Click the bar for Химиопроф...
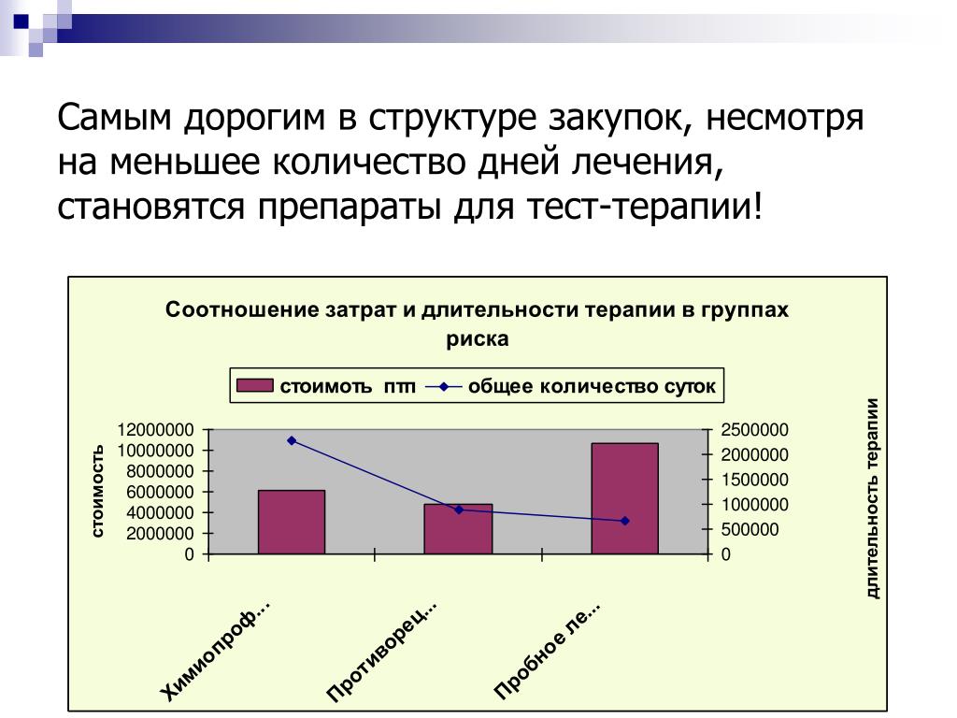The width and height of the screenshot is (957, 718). pos(292,522)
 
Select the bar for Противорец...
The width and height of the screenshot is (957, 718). pos(458,529)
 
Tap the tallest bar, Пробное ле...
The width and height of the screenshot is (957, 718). pos(624,498)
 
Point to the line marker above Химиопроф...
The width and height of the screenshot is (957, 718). pos(292,440)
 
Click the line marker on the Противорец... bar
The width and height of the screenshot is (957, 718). pos(459,510)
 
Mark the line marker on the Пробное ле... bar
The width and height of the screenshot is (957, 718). pos(625,521)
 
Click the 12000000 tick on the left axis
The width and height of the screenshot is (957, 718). pos(155,430)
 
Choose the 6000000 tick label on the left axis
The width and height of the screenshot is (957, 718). pos(159,492)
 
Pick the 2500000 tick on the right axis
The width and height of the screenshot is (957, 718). pos(754,430)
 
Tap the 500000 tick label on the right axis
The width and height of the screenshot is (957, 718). pos(750,529)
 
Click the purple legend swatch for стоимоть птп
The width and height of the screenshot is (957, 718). pos(254,385)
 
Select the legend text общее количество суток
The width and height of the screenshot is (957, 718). pos(592,386)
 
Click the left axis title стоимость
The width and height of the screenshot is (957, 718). pos(97,492)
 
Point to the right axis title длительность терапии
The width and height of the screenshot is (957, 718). pos(873,498)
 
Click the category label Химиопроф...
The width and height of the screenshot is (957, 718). pos(215,651)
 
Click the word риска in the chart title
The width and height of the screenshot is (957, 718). pos(478,339)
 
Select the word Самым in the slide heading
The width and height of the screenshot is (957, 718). pos(114,117)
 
